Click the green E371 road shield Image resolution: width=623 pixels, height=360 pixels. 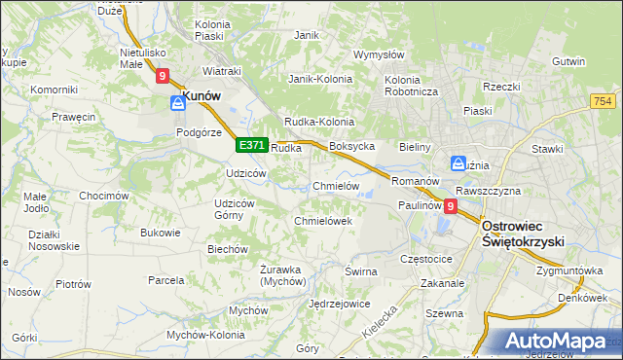pyautogui.click(x=251, y=145)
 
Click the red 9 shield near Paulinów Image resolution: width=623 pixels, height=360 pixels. pyautogui.click(x=450, y=206)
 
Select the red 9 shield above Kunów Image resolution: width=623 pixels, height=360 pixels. pyautogui.click(x=163, y=75)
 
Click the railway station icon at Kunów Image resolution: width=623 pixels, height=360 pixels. pyautogui.click(x=178, y=101)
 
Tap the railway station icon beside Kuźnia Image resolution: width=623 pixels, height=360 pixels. pyautogui.click(x=458, y=163)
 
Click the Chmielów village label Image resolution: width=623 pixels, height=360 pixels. pyautogui.click(x=337, y=186)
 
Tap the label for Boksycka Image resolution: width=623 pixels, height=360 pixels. pyautogui.click(x=352, y=146)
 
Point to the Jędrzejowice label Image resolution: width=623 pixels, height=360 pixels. pyautogui.click(x=339, y=304)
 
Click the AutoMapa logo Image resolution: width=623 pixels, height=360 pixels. pyautogui.click(x=556, y=342)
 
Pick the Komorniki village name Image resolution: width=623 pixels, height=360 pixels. pyautogui.click(x=54, y=90)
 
